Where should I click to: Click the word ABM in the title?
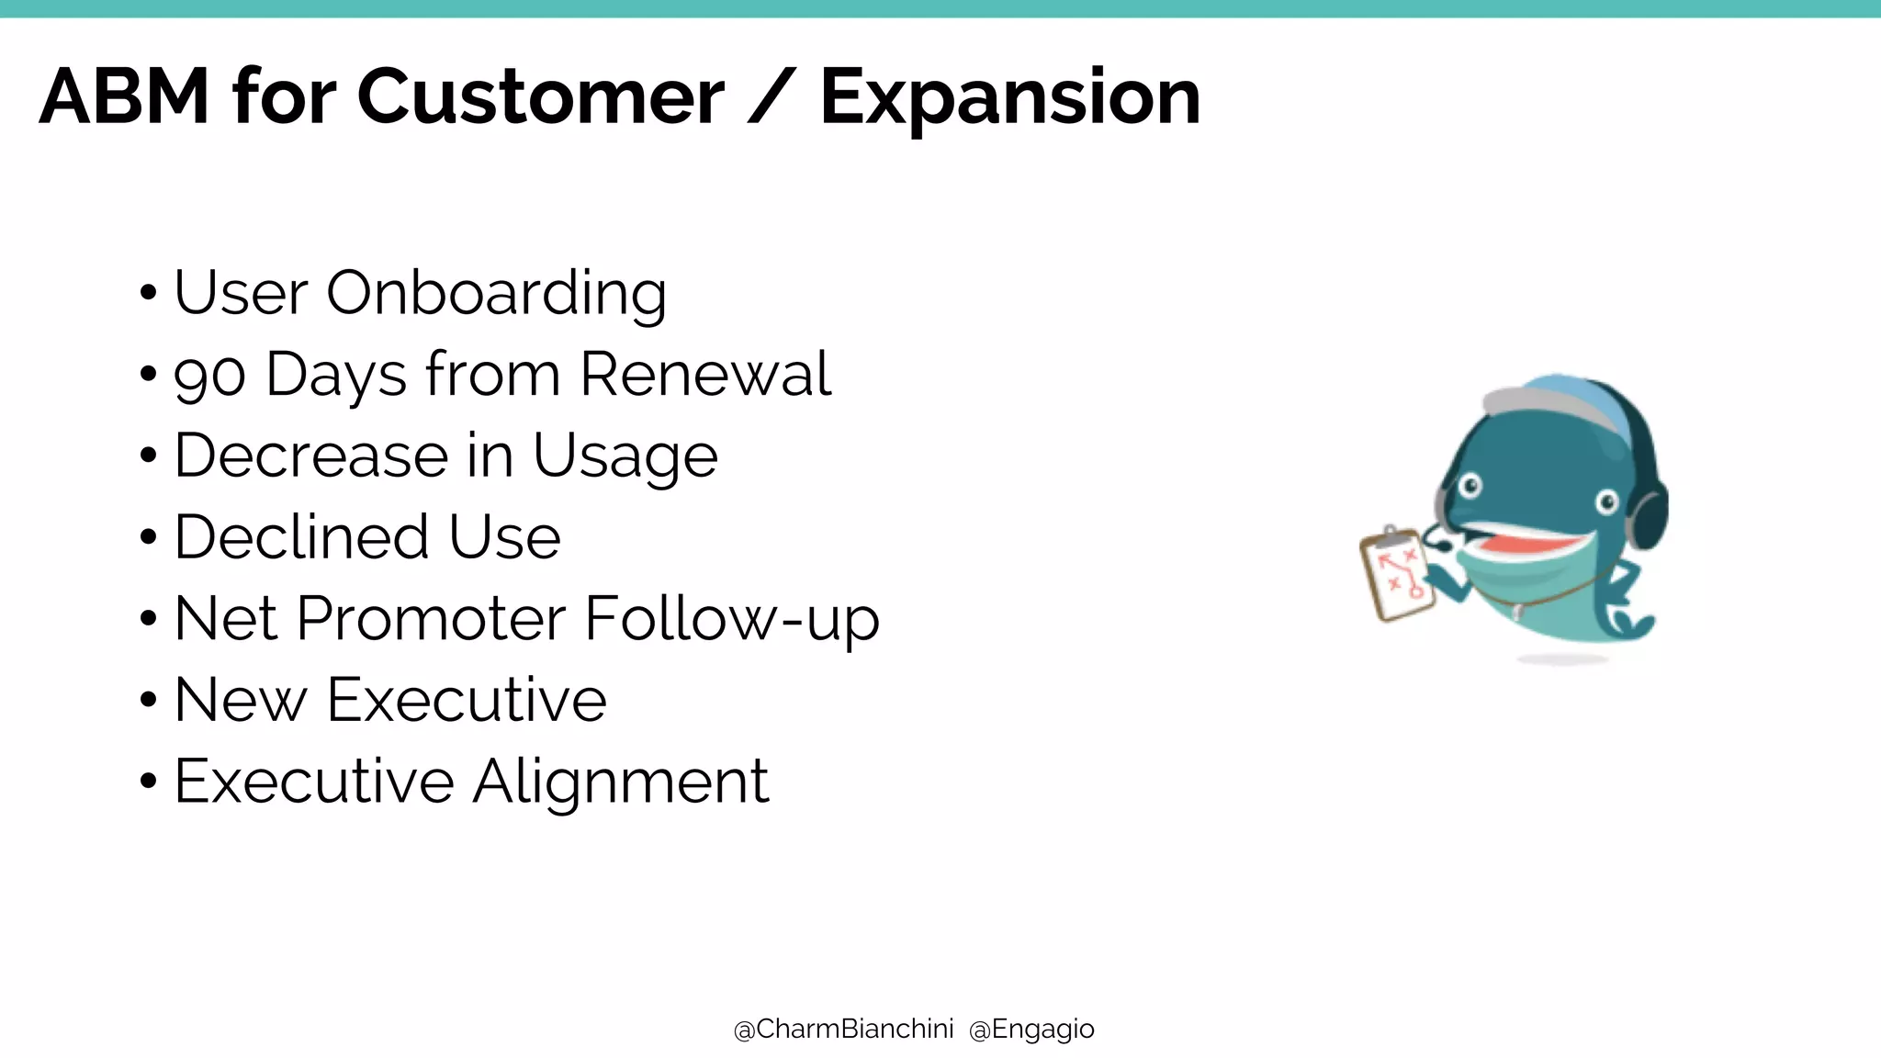coord(125,96)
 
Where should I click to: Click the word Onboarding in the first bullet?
coord(496,294)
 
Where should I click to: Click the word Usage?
coord(625,457)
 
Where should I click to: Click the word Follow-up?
coord(731,620)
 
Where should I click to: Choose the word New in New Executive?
coord(240,700)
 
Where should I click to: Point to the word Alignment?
coord(621,782)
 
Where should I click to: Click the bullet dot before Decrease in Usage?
coord(149,456)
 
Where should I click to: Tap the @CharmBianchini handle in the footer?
coord(843,1030)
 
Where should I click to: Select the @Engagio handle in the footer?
coord(1031,1030)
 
